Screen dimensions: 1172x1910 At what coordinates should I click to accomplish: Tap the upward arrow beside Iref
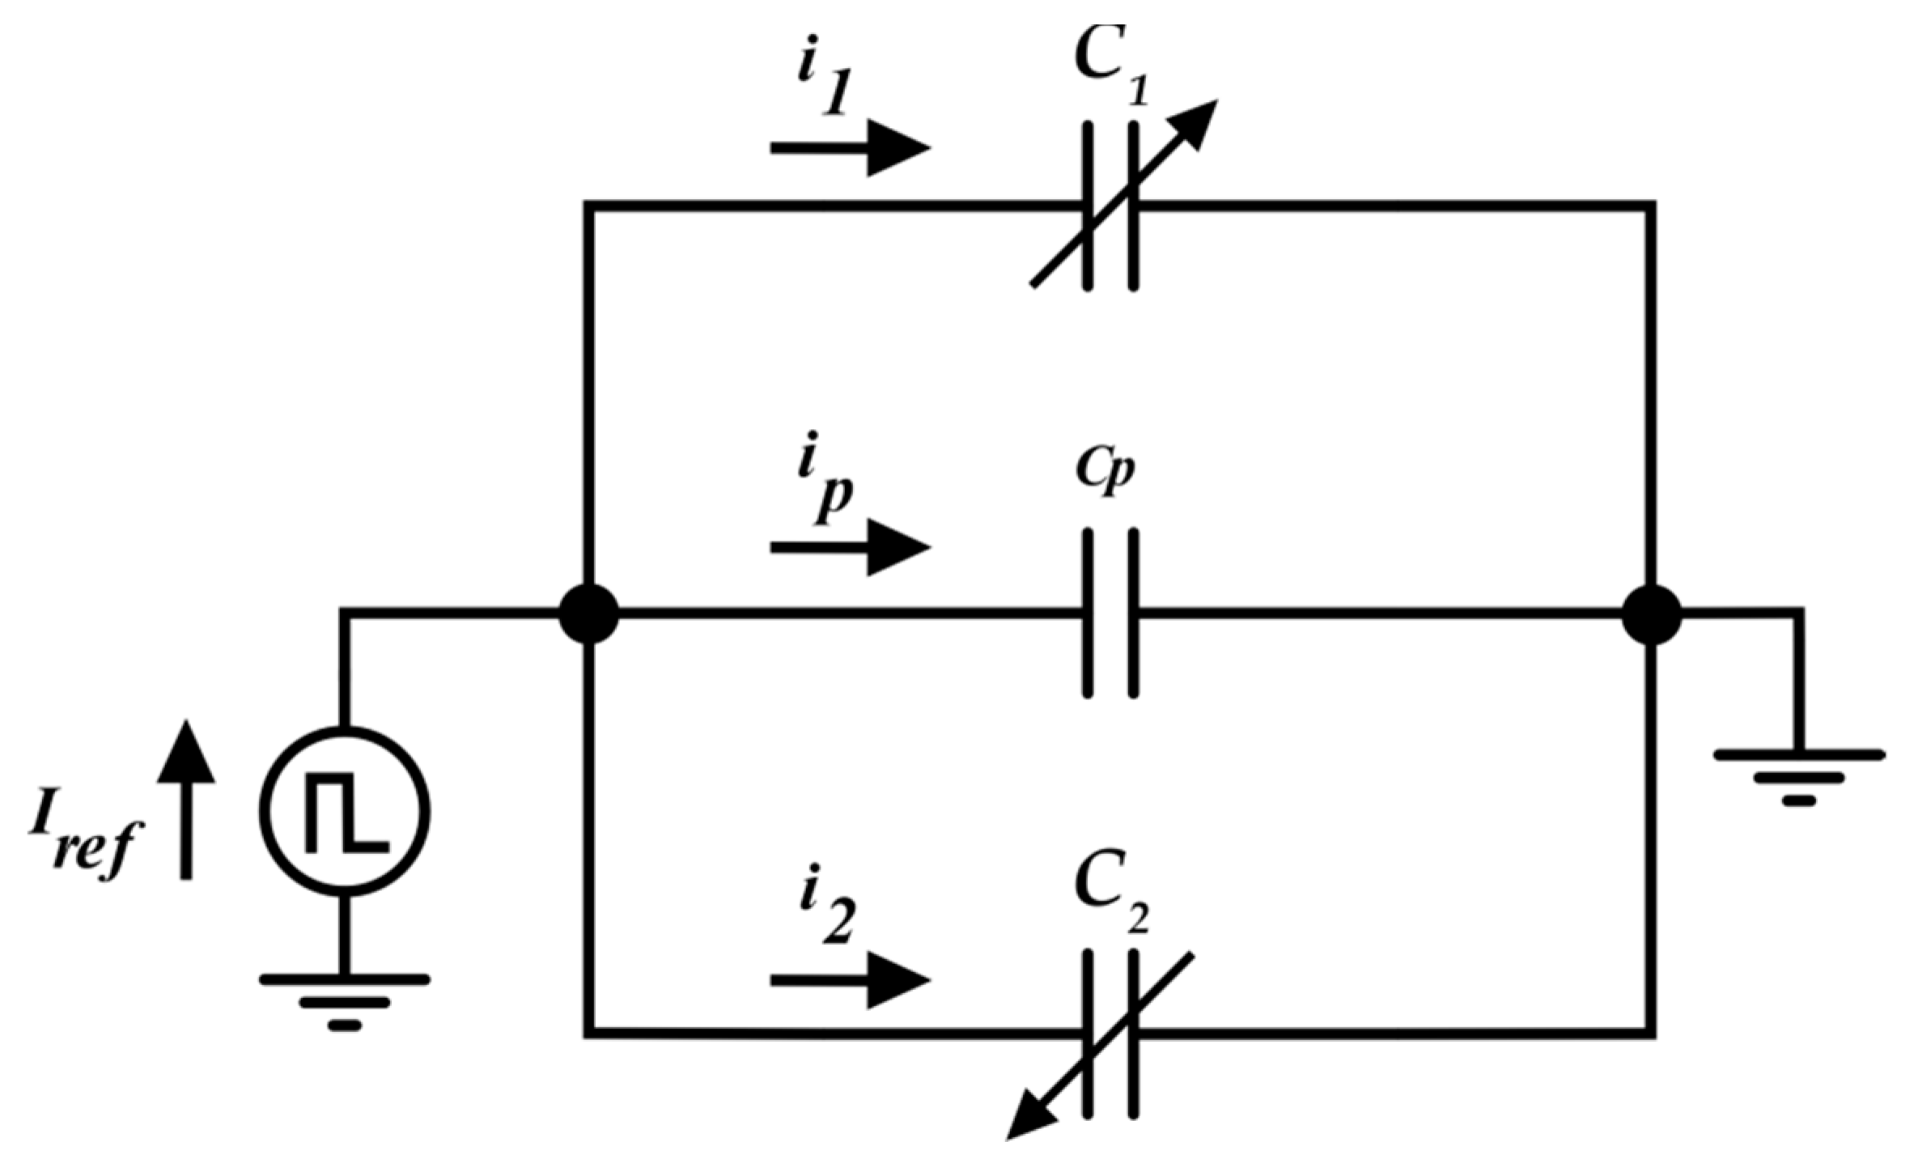tap(186, 797)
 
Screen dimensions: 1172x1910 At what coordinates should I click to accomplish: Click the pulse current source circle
tap(345, 811)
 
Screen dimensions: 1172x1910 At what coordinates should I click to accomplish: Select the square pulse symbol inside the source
tap(346, 813)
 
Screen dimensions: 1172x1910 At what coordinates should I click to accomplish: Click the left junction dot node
tap(589, 614)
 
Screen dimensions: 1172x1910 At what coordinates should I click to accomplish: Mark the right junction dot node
tap(1651, 614)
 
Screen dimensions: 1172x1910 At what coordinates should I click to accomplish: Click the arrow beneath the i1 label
tap(850, 147)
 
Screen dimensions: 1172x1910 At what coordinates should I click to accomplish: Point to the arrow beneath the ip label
tap(850, 548)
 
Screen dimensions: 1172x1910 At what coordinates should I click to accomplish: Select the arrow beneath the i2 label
tap(850, 980)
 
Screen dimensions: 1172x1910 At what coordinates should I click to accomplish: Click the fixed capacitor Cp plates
tap(1110, 614)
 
